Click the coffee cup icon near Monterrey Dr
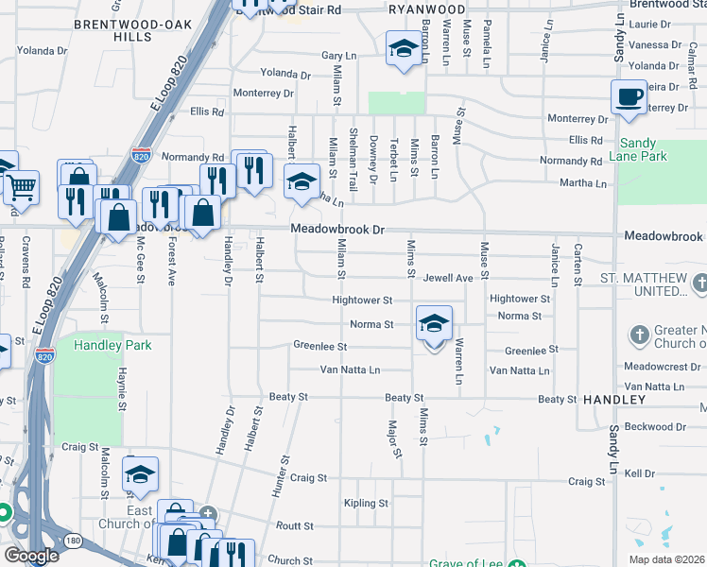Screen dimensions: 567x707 click(x=629, y=96)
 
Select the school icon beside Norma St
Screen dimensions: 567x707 click(x=433, y=323)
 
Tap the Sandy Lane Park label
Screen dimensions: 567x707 click(x=638, y=149)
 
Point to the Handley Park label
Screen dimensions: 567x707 click(x=112, y=346)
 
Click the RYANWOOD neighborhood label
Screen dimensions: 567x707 click(x=427, y=9)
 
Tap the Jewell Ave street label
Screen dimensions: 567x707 click(x=447, y=279)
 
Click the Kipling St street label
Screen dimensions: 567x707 click(x=367, y=503)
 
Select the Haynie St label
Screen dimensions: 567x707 click(x=123, y=390)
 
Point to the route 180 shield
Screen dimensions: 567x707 click(x=74, y=541)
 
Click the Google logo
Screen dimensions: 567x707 click(x=31, y=556)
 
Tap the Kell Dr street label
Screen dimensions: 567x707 click(x=640, y=472)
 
